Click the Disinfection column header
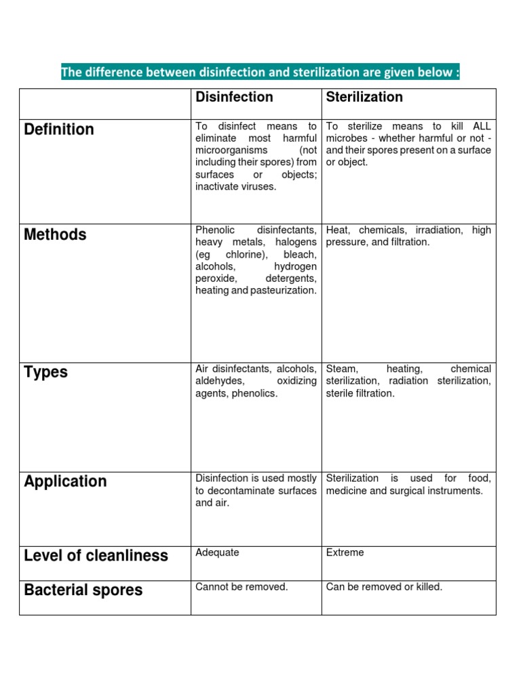234,97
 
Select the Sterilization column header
364,97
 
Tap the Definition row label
59,129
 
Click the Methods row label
55,234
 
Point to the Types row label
45,372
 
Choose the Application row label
65,481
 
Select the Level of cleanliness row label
96,556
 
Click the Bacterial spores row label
83,590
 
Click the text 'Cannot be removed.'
242,587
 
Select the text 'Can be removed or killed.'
384,587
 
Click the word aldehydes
219,381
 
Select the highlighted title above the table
260,72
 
